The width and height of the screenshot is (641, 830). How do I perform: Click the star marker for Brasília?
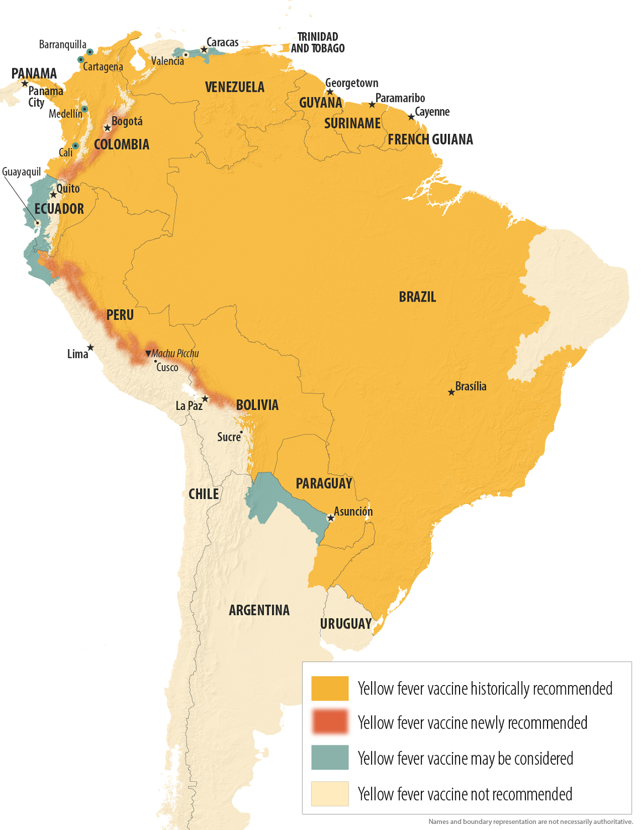(x=451, y=392)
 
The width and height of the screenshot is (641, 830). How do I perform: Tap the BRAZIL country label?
(x=418, y=297)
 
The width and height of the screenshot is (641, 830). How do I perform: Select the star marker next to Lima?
(x=91, y=347)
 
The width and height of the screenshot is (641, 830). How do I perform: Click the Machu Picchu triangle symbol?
(x=148, y=353)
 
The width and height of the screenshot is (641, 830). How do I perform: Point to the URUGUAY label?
(x=346, y=624)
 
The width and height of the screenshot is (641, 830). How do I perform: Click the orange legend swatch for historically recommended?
(x=330, y=688)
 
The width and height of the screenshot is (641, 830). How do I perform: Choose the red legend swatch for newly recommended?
(x=330, y=722)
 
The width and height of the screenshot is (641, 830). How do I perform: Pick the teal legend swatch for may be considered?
(x=330, y=758)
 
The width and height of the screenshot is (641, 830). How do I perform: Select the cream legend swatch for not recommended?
(x=330, y=793)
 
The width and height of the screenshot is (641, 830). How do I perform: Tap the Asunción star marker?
(x=331, y=518)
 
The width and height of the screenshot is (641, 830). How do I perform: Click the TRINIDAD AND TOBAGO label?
(x=317, y=43)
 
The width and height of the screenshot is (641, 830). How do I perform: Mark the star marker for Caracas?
(x=204, y=50)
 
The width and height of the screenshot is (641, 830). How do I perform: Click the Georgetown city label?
(x=352, y=83)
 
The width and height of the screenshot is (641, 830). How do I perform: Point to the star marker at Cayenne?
(x=411, y=117)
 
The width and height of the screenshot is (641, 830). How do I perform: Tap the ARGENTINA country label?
(x=259, y=610)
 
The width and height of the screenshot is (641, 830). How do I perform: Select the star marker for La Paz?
(x=205, y=399)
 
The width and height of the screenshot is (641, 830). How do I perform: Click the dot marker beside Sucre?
(x=242, y=432)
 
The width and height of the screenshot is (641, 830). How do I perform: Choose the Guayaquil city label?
(x=22, y=172)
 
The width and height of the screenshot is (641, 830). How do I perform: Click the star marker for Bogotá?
(x=107, y=128)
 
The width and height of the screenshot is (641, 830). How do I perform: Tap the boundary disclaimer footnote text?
(x=530, y=822)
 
